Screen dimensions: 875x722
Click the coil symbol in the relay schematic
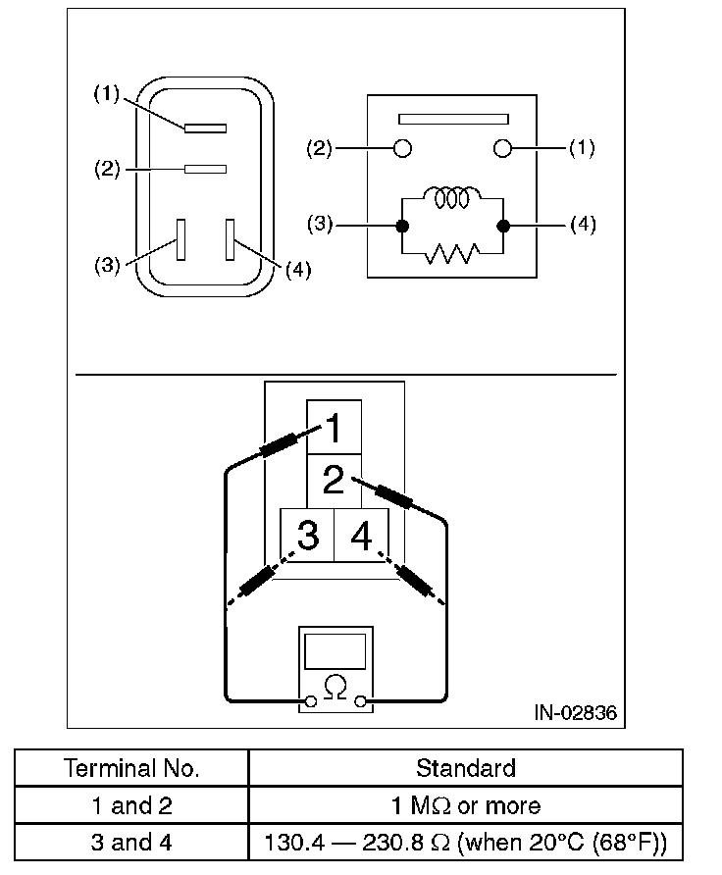click(452, 197)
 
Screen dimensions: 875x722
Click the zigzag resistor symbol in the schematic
click(452, 253)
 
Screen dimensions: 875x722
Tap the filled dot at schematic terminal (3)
click(401, 226)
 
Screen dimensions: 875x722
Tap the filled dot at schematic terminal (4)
click(503, 226)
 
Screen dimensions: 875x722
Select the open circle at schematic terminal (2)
click(401, 149)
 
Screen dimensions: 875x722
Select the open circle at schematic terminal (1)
click(503, 149)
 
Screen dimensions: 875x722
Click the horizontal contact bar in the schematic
click(452, 119)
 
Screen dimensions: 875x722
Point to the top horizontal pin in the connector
click(205, 128)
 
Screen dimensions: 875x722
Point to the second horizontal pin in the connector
click(205, 169)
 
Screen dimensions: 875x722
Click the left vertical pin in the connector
click(180, 238)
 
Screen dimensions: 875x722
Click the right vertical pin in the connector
click(231, 238)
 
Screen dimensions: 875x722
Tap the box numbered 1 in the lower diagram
click(334, 428)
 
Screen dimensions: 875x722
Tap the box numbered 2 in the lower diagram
click(334, 482)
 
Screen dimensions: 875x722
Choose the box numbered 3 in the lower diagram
click(307, 536)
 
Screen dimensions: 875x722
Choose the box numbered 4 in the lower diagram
click(361, 536)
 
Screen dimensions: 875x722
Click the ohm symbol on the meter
click(335, 687)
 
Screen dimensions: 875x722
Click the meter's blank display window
click(335, 650)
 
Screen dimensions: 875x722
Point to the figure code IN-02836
click(576, 713)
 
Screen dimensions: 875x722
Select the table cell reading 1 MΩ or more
click(465, 806)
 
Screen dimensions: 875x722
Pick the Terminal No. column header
click(131, 768)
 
